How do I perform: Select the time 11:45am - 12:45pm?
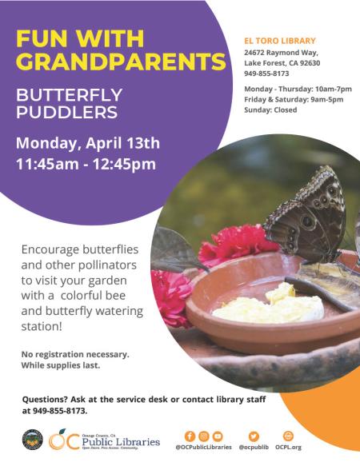[x=86, y=165]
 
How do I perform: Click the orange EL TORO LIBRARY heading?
[x=279, y=41]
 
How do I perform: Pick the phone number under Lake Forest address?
[x=266, y=73]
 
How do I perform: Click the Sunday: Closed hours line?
[x=270, y=110]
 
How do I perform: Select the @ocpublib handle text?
[x=254, y=448]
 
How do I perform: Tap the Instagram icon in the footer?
[x=203, y=436]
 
